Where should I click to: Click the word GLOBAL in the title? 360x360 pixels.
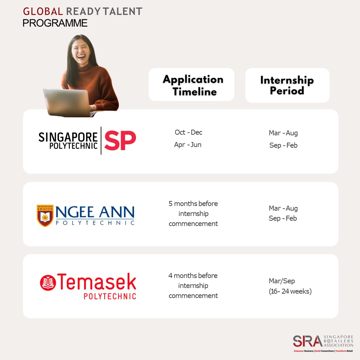(43, 11)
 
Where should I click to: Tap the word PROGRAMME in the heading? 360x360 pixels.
(55, 23)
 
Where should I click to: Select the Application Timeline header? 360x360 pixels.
(193, 85)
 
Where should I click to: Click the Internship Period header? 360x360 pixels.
(287, 85)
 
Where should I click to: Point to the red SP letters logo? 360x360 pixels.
(120, 140)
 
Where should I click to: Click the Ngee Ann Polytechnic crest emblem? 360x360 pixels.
(45, 216)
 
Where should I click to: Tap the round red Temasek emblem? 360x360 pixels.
(48, 283)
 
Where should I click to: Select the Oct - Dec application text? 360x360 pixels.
(188, 132)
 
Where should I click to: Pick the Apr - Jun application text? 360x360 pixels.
(188, 145)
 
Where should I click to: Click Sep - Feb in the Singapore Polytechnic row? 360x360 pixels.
(283, 145)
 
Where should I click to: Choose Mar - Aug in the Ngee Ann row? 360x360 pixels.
(283, 208)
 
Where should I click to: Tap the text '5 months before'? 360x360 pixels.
(193, 203)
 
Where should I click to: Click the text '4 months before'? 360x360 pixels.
(193, 276)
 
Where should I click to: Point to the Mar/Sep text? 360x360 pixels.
(282, 281)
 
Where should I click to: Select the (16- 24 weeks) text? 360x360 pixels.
(290, 291)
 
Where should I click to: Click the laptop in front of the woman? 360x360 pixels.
(69, 103)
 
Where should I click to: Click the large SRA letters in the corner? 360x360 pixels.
(308, 341)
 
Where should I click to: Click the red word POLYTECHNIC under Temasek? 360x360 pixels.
(110, 296)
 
